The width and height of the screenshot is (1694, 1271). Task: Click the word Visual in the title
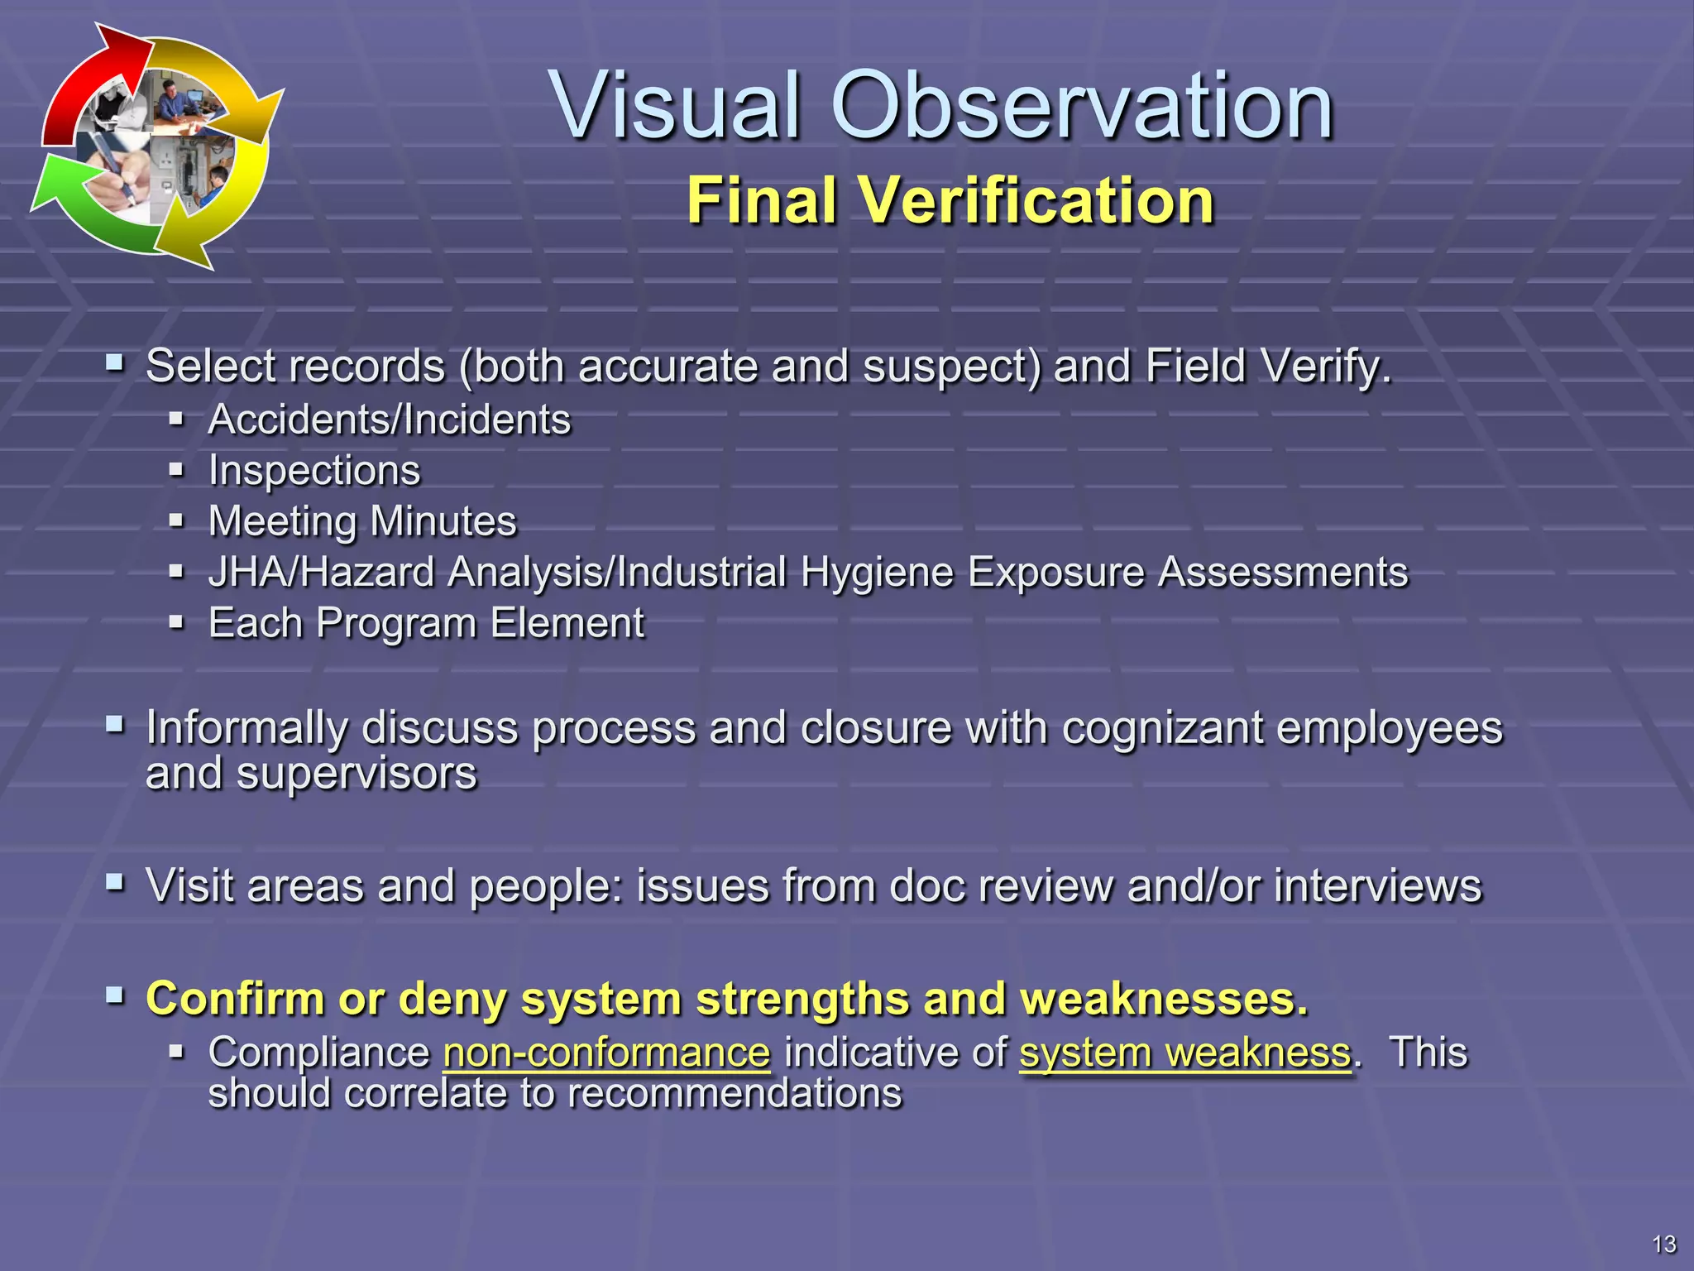coord(678,106)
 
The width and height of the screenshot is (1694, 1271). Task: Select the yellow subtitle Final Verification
coord(950,200)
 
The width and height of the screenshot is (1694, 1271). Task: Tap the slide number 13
coord(1663,1244)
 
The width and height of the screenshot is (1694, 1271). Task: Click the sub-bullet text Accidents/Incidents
coord(390,420)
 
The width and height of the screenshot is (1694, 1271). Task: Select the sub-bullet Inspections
coord(314,470)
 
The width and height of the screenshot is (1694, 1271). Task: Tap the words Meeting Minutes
coord(362,521)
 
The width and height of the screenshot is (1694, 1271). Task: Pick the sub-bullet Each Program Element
coord(426,623)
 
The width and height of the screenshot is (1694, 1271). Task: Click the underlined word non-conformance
coord(606,1053)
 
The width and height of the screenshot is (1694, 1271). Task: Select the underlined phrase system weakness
coord(1184,1053)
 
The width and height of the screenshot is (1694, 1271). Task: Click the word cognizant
coord(1161,728)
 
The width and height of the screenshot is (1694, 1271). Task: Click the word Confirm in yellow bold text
coord(235,999)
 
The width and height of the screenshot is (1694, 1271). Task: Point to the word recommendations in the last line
coord(735,1094)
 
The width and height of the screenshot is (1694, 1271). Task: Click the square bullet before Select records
coord(115,362)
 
